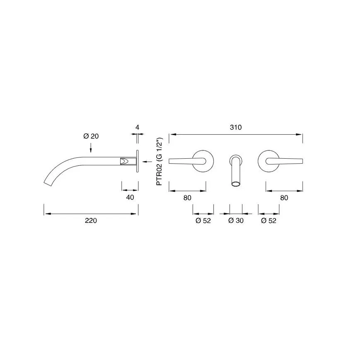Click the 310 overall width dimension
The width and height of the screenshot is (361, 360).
(x=235, y=127)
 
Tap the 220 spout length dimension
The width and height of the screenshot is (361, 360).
(x=91, y=220)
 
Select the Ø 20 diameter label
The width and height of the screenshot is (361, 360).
(x=91, y=136)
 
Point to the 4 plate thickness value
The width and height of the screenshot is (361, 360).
(x=138, y=127)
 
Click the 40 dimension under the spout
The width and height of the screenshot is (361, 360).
(x=130, y=197)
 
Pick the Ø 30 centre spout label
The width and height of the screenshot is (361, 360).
(x=236, y=220)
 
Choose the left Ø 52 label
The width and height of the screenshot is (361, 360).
(x=203, y=220)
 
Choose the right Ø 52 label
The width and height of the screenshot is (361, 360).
(x=269, y=220)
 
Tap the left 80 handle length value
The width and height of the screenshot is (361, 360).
(x=187, y=198)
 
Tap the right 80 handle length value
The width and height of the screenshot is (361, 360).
(x=284, y=198)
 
